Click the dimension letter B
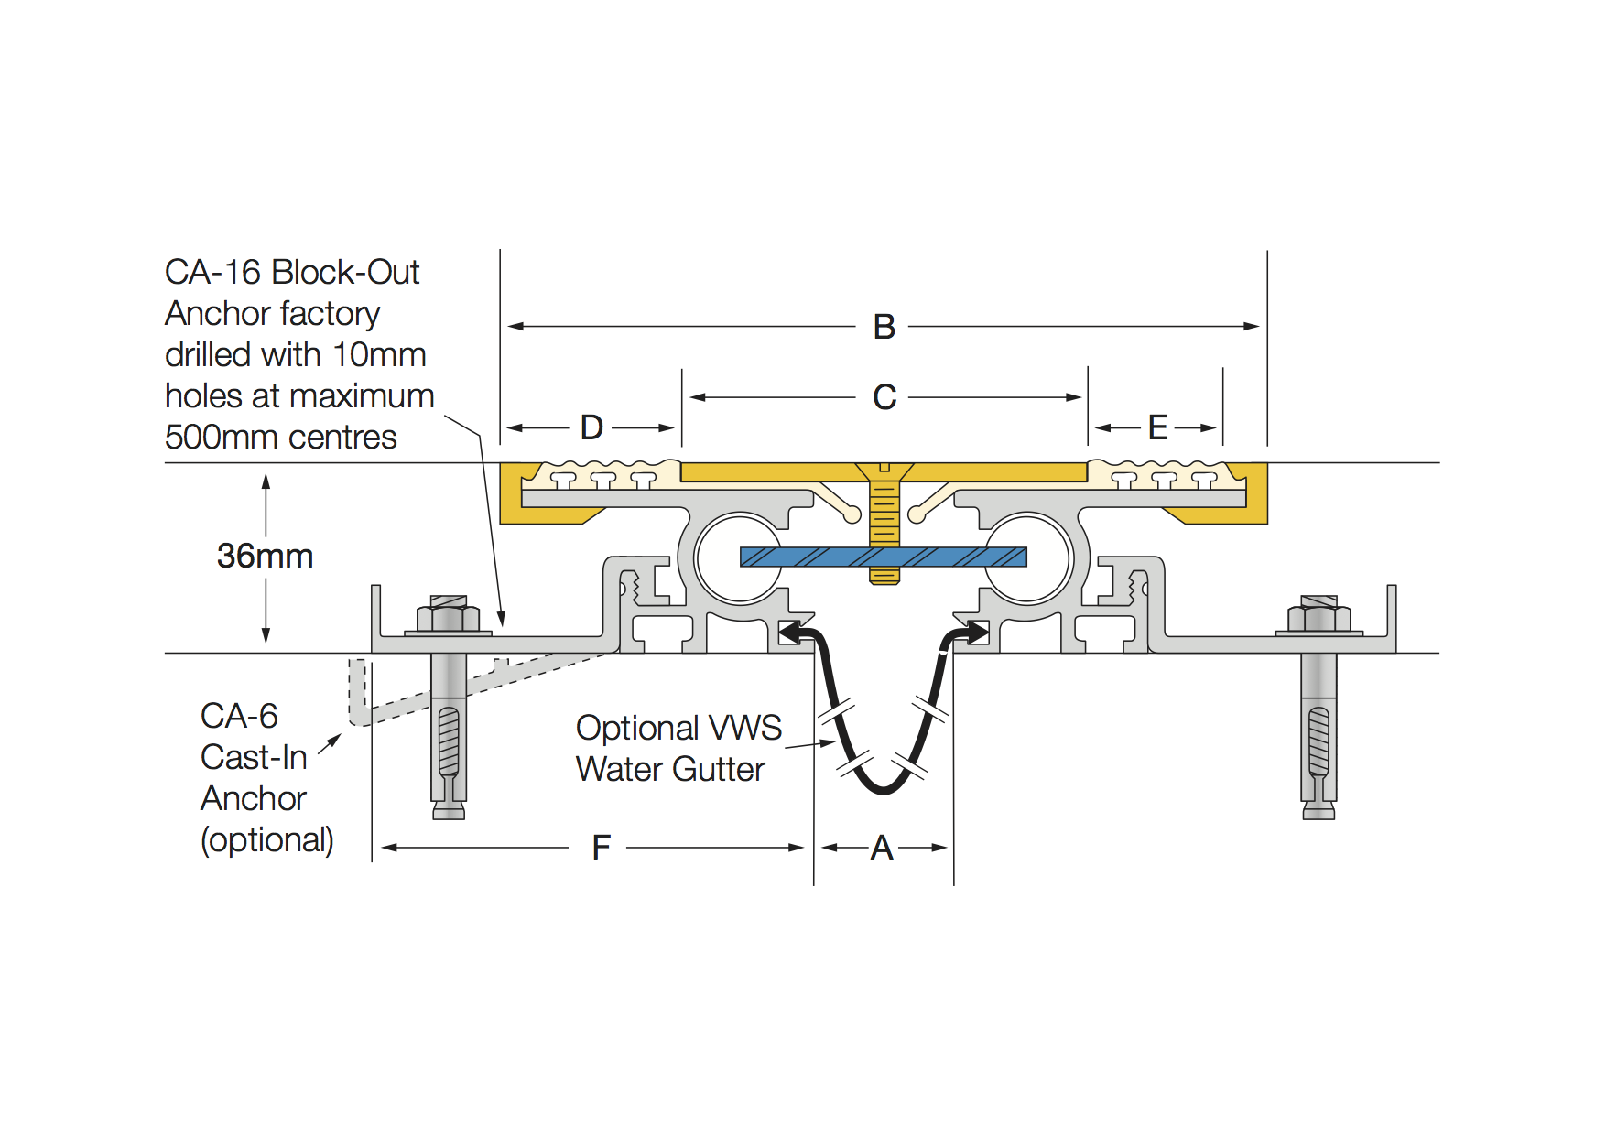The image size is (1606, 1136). tap(884, 327)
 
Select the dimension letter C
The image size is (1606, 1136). tap(884, 397)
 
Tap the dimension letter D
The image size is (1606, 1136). tap(591, 427)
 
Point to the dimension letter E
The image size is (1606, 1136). tap(1158, 427)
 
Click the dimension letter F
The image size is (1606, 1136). tap(601, 848)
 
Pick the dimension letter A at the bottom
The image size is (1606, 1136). tap(882, 848)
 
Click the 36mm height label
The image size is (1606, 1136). tap(265, 556)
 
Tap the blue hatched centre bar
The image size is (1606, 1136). tap(884, 557)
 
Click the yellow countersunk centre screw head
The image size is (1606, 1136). tap(884, 472)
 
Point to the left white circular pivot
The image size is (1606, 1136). tap(738, 558)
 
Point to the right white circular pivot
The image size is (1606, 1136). tap(1027, 558)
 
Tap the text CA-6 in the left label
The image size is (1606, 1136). tap(239, 716)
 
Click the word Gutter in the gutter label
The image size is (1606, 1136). tap(719, 769)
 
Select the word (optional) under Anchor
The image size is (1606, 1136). tap(267, 840)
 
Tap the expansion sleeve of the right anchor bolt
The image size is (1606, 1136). tap(1318, 741)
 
